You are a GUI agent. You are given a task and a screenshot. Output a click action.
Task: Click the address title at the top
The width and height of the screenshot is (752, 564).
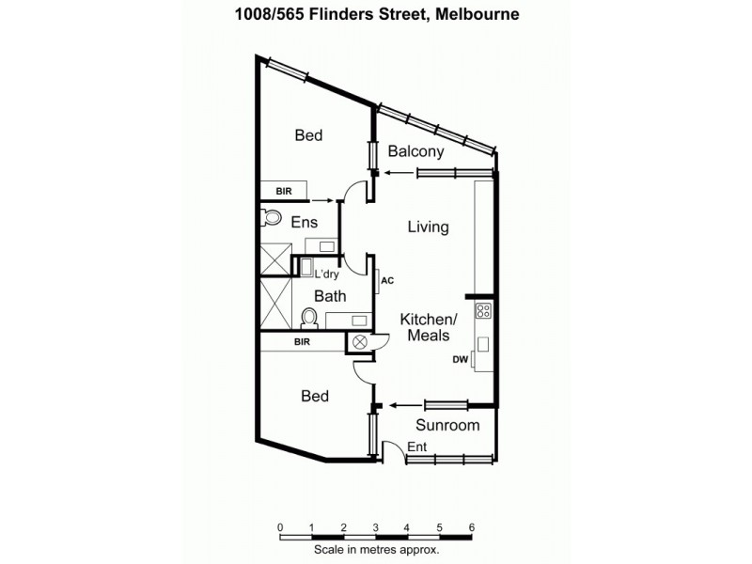376,14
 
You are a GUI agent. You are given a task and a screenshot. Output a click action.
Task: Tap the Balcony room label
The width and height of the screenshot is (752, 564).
415,152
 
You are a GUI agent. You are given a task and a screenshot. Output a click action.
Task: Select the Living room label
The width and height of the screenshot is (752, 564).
428,227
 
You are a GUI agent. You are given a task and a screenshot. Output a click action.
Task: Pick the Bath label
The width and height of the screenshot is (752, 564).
330,296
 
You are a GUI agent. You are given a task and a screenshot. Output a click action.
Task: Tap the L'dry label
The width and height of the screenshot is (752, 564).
326,274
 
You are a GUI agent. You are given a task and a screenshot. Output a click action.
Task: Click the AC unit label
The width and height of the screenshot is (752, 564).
386,279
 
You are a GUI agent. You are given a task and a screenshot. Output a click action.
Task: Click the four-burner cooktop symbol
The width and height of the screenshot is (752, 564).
484,311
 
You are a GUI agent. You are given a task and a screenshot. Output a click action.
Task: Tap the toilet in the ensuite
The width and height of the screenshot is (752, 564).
272,218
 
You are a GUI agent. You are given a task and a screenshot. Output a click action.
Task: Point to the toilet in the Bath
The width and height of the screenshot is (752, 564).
308,317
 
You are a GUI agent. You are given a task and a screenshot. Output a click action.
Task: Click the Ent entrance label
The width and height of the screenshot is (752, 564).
417,447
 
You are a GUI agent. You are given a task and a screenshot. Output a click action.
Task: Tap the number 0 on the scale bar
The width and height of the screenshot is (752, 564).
280,528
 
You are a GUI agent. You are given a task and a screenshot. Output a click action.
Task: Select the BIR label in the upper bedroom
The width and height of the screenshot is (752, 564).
283,191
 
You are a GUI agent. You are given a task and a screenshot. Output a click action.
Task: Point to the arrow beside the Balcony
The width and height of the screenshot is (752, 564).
399,172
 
